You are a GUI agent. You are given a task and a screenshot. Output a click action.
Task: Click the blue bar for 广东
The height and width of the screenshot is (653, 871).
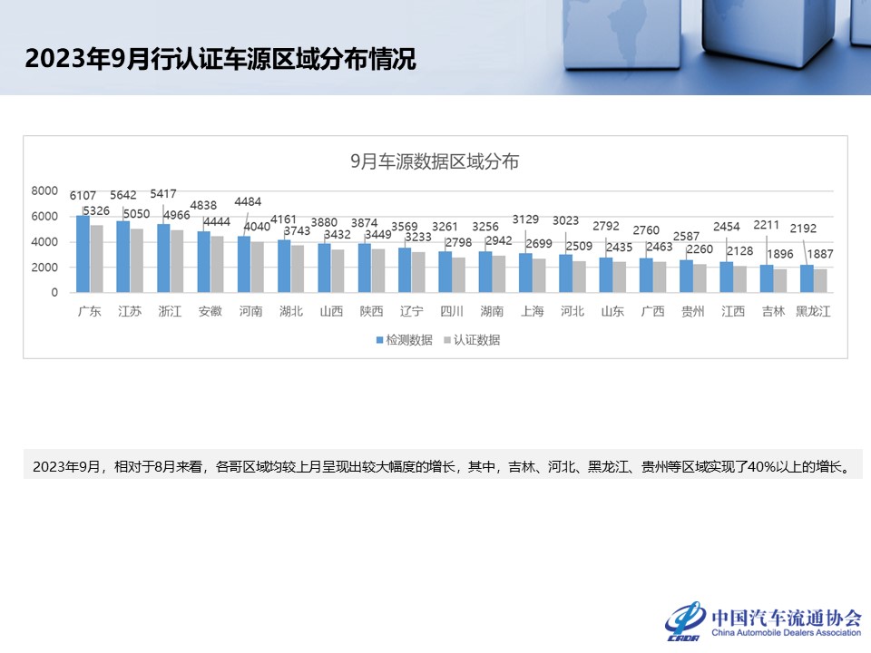point(83,254)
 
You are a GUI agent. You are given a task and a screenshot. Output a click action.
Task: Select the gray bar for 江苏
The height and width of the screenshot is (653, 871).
point(137,260)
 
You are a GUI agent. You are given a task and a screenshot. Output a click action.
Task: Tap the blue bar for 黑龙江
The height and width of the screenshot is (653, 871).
point(807,278)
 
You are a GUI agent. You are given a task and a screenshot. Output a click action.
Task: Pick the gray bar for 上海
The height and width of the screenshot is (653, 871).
point(539,276)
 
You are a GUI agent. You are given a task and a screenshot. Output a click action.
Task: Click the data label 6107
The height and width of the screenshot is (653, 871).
point(83,195)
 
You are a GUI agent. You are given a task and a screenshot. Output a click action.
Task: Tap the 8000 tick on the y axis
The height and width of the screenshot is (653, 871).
point(44,191)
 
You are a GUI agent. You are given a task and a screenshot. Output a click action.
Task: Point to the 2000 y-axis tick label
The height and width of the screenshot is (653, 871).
point(44,268)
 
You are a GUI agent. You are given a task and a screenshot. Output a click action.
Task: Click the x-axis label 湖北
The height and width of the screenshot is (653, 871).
point(290,311)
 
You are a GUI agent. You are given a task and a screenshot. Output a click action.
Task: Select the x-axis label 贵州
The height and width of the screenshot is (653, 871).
point(693,311)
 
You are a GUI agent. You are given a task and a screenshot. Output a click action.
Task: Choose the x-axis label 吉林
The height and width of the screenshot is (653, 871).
point(773,311)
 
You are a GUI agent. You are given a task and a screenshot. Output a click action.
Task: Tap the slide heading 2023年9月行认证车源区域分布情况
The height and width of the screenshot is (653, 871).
point(220,60)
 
